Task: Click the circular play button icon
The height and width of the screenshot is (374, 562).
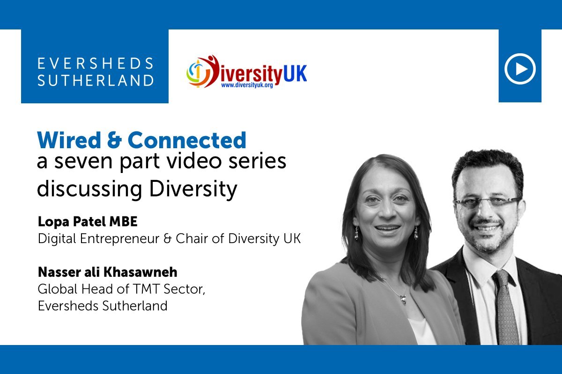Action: click(520, 69)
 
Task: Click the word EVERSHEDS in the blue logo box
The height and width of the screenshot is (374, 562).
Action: click(95, 63)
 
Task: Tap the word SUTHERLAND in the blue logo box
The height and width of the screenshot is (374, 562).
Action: click(95, 80)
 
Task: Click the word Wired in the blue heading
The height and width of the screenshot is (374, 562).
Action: click(66, 140)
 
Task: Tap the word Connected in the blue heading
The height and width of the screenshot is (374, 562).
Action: click(187, 140)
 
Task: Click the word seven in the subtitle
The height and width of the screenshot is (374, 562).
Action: click(85, 162)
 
